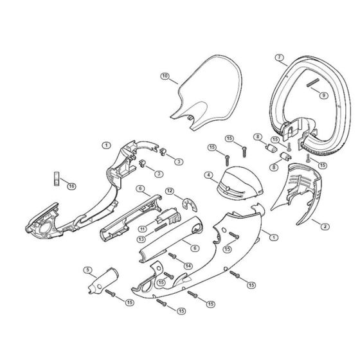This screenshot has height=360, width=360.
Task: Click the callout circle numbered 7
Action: pyautogui.click(x=279, y=57)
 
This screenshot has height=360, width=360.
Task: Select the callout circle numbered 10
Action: pyautogui.click(x=165, y=76)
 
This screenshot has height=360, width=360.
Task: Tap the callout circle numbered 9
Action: pyautogui.click(x=324, y=95)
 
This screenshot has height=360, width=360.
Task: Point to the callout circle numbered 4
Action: pyautogui.click(x=208, y=175)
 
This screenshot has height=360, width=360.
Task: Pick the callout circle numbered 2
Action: pyautogui.click(x=325, y=226)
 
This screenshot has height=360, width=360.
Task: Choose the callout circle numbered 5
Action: pyautogui.click(x=87, y=270)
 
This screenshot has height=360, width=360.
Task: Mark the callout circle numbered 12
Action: pyautogui.click(x=170, y=191)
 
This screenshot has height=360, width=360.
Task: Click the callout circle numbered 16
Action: pyautogui.click(x=71, y=186)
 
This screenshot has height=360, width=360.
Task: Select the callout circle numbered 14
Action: pyautogui.click(x=188, y=266)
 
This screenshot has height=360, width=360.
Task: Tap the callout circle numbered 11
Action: pyautogui.click(x=143, y=229)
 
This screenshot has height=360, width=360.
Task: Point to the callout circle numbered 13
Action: pyautogui.click(x=141, y=239)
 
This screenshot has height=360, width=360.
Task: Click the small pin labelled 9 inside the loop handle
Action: pyautogui.click(x=312, y=83)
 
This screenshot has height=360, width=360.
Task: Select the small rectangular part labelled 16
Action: pyautogui.click(x=57, y=178)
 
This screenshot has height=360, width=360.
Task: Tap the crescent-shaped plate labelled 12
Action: pyautogui.click(x=190, y=205)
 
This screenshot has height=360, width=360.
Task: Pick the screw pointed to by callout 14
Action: pyautogui.click(x=172, y=256)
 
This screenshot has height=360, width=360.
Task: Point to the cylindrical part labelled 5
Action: pyautogui.click(x=104, y=280)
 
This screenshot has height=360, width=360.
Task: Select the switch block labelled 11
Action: pyautogui.click(x=168, y=217)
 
